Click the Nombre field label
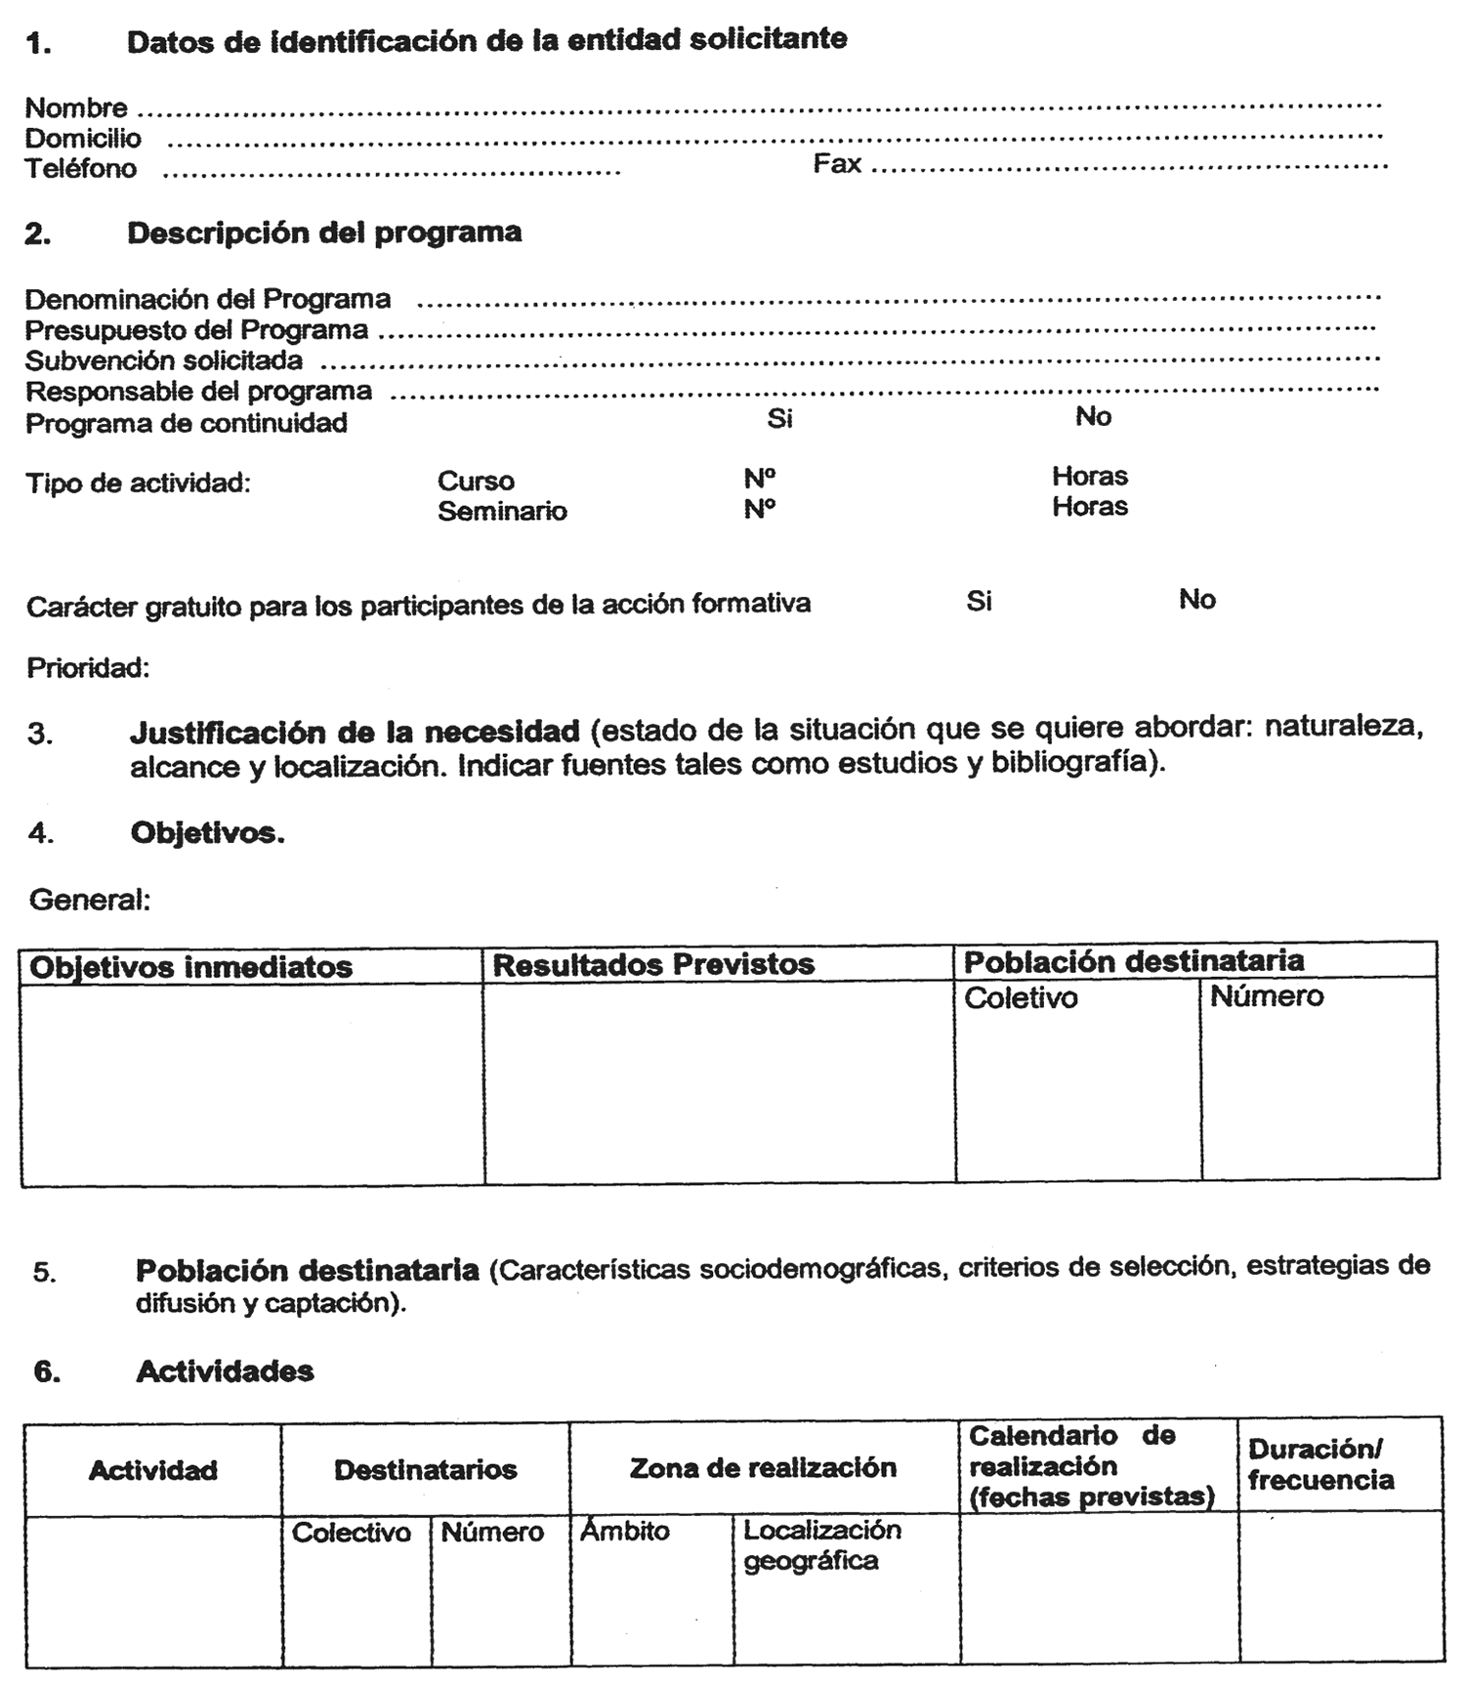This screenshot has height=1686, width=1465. [76, 107]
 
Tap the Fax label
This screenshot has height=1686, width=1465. [837, 163]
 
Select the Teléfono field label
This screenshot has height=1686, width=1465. [80, 169]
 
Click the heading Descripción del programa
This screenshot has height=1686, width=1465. [324, 232]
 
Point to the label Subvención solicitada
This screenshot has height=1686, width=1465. [164, 360]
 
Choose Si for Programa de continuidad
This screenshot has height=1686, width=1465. [779, 418]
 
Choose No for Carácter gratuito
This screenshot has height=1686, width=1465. [1196, 599]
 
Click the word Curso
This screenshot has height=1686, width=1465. [476, 481]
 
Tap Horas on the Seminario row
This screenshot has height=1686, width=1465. [1090, 506]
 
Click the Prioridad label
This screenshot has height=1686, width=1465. [88, 668]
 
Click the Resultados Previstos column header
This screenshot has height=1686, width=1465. [653, 964]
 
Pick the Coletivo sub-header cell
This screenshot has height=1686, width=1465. [1021, 997]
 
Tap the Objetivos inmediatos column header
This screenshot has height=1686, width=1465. [191, 967]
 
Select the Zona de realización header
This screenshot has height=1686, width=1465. [763, 1467]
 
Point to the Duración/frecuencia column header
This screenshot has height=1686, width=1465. [1320, 1464]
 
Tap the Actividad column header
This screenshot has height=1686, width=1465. [153, 1470]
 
